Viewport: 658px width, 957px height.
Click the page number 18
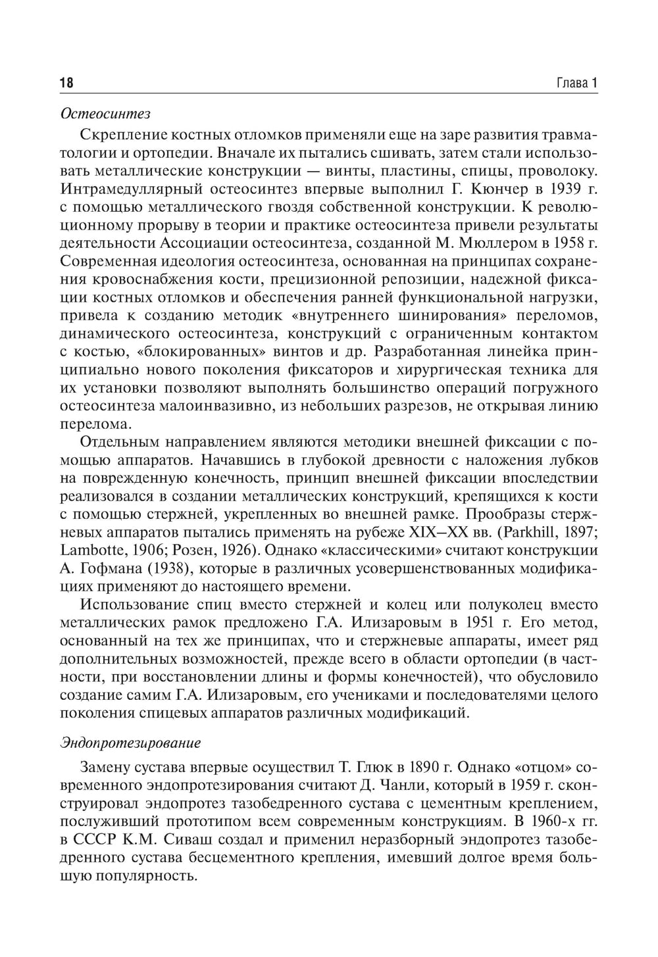tap(66, 83)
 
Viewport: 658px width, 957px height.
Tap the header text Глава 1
tap(576, 83)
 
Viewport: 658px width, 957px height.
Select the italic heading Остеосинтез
tap(105, 114)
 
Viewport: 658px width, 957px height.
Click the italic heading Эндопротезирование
tap(130, 743)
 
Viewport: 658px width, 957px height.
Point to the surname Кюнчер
tap(494, 189)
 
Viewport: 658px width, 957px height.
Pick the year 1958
tap(568, 244)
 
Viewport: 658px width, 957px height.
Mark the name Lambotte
tap(90, 550)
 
